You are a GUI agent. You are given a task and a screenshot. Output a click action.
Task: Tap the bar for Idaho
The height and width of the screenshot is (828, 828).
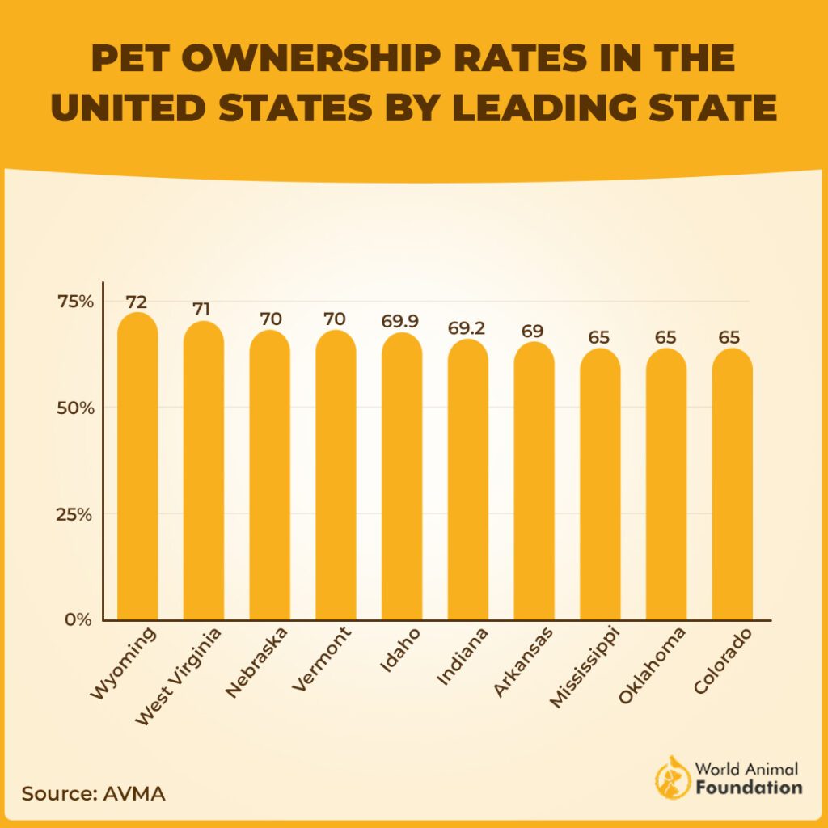(402, 476)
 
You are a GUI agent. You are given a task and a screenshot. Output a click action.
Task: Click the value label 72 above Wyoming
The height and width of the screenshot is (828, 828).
(137, 302)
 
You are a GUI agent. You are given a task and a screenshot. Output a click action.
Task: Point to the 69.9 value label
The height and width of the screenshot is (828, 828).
(401, 322)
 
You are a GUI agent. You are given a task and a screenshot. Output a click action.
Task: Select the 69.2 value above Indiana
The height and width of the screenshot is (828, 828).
(467, 328)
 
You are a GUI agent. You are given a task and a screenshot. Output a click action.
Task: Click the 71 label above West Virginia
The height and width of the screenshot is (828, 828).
(203, 310)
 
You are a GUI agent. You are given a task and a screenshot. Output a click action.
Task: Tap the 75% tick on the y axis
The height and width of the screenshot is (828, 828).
(76, 302)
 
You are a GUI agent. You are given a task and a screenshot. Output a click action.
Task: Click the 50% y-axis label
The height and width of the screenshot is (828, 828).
(76, 408)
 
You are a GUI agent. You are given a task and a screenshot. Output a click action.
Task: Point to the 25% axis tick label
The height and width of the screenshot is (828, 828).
(76, 514)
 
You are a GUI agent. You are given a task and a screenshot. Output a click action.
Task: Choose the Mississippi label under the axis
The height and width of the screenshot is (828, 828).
(584, 666)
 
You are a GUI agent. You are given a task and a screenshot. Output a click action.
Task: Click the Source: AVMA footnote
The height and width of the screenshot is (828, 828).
(94, 793)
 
